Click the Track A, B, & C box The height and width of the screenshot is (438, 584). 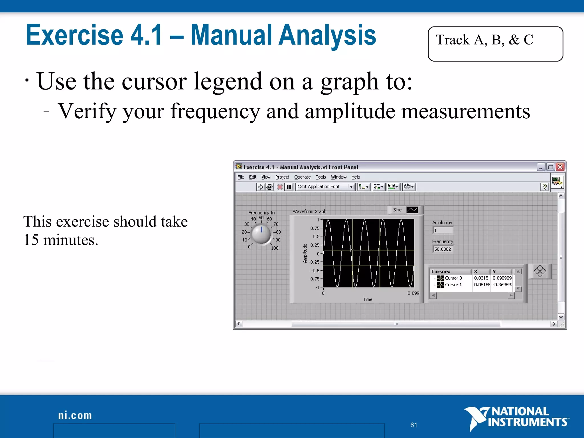coord(495,44)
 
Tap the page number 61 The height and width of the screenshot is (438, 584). coord(413,425)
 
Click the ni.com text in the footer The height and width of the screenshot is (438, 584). coord(75,415)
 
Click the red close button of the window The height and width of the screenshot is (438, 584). coord(560,167)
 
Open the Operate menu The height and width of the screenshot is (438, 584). coord(302,177)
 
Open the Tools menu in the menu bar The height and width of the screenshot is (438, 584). coord(321,177)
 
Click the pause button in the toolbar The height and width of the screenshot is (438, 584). coord(289,187)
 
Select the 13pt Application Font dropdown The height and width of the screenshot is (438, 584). coord(325,187)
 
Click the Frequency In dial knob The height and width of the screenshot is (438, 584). coord(261,234)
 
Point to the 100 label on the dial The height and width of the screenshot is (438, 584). coord(275,248)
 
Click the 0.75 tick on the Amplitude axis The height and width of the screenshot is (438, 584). coord(315,228)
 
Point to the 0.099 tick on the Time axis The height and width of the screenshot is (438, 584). coord(413,293)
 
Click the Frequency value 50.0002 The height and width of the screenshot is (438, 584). coord(443,249)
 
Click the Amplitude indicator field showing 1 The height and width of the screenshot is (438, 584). coord(443,230)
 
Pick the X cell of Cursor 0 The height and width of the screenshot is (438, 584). coord(481,278)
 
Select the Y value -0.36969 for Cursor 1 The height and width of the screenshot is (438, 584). coord(502,285)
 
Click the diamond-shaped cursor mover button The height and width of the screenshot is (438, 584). coord(540,271)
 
